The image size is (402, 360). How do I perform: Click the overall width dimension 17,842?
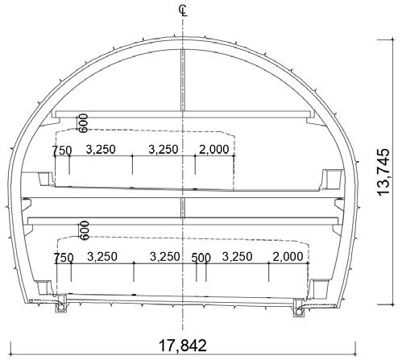point(183,346)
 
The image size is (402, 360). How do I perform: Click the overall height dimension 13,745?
point(383,172)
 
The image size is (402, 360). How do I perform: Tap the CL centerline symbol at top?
point(183,10)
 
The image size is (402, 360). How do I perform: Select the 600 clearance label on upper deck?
point(84,123)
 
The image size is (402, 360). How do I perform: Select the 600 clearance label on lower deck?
point(85,230)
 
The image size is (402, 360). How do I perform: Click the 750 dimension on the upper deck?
point(62,151)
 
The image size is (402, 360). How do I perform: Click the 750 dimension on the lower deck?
point(64,258)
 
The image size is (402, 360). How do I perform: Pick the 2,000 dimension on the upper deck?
point(214,150)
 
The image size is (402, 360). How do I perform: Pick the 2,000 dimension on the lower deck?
point(288,257)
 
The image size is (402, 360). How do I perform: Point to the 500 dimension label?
point(201,258)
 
